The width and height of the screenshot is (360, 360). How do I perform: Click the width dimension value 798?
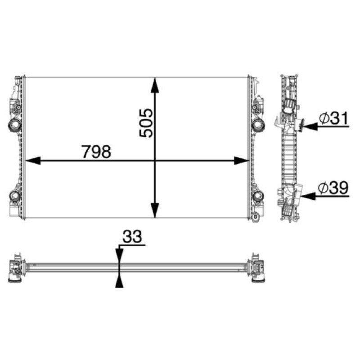pos(96,152)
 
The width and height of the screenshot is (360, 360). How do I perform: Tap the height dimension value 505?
pos(146,123)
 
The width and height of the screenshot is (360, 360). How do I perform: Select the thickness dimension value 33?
pos(132,237)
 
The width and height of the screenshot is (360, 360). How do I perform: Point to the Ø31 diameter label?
pos(333,118)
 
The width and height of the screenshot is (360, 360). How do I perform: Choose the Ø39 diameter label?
pos(333,188)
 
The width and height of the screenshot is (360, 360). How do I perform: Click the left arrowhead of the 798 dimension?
pos(32,161)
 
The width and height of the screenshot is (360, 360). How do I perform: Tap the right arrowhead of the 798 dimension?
pos(241,161)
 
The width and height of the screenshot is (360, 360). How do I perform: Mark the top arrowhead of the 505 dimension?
pos(155,85)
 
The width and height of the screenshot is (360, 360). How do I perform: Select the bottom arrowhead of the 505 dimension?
pos(155,210)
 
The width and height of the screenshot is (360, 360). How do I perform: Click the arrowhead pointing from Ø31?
pos(310,126)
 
